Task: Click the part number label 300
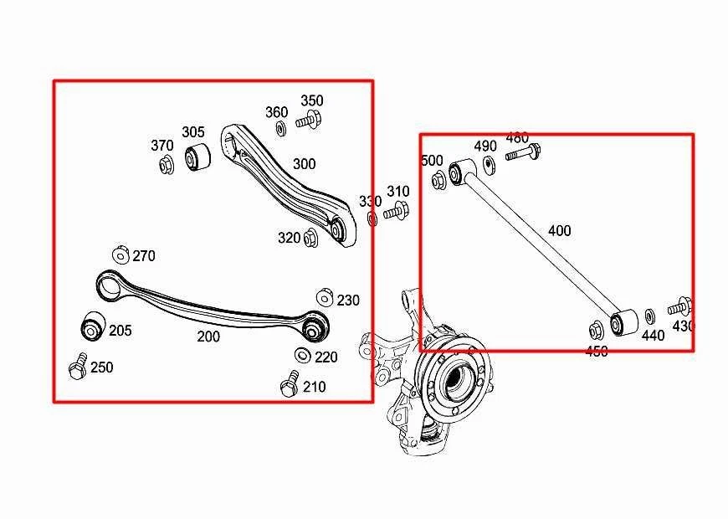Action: point(304,164)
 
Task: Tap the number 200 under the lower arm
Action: point(208,337)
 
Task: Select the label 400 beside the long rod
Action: point(560,230)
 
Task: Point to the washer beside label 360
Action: point(280,129)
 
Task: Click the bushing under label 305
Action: point(197,156)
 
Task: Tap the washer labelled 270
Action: point(120,254)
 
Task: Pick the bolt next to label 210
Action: point(290,384)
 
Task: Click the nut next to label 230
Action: point(325,298)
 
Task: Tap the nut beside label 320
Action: point(310,238)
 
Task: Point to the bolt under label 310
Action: point(395,213)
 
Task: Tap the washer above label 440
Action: point(650,317)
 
